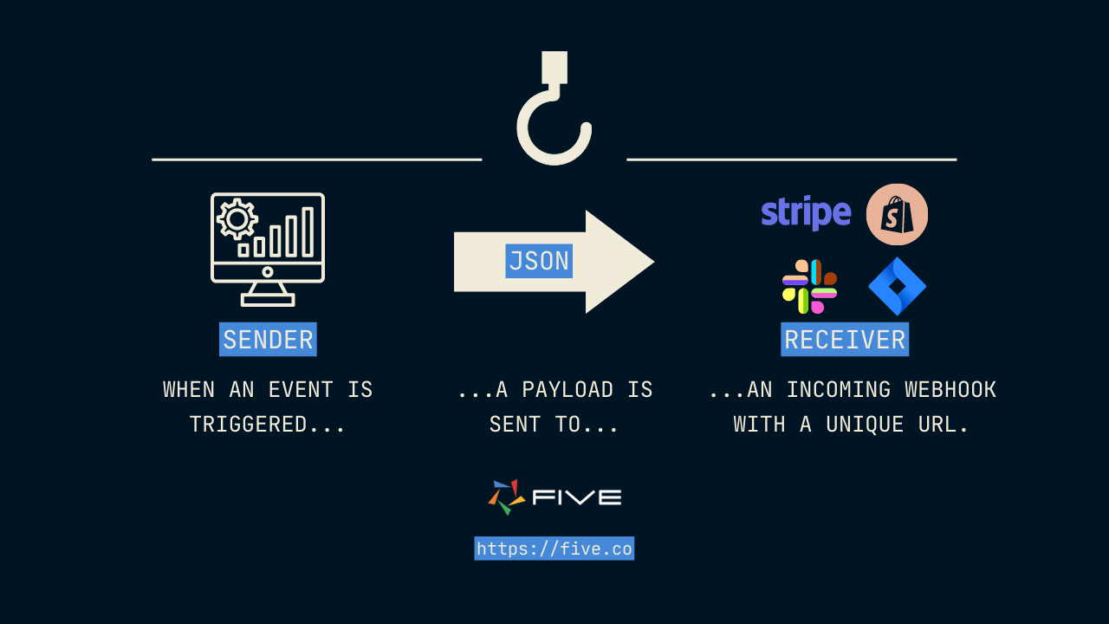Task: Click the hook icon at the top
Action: (554, 113)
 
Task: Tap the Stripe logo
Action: (806, 213)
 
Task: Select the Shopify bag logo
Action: (897, 214)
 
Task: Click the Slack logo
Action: (809, 287)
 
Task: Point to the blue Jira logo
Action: (898, 287)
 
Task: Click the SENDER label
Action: (268, 340)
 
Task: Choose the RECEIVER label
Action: (845, 340)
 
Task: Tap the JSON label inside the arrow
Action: (539, 261)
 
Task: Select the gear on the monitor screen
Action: (237, 218)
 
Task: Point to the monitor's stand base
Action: (268, 300)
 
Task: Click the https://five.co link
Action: (554, 549)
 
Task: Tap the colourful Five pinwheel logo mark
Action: (506, 497)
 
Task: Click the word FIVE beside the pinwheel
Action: (577, 497)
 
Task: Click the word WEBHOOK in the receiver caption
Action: (950, 390)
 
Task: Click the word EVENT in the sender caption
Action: (301, 390)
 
